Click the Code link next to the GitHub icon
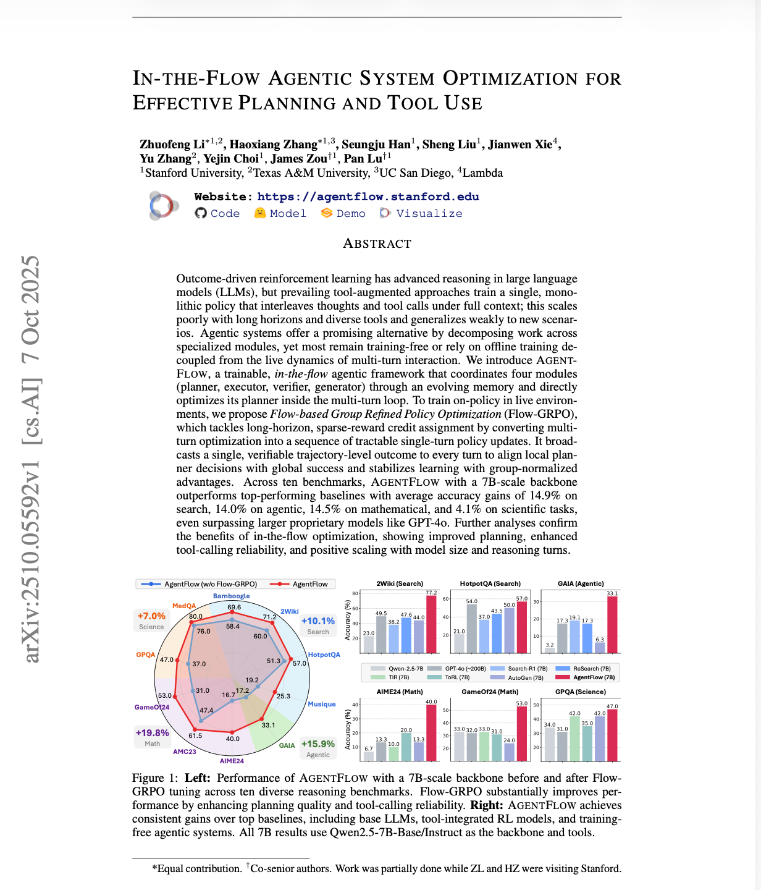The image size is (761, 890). click(225, 213)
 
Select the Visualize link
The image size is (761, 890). click(429, 213)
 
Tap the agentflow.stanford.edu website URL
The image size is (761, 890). click(368, 197)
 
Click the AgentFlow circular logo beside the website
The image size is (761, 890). click(163, 205)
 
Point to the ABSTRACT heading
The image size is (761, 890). click(377, 244)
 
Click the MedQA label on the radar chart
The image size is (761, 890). click(184, 606)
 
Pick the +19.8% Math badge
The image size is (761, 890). click(152, 737)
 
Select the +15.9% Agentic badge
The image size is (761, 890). click(318, 748)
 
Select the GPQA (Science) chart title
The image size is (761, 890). click(580, 692)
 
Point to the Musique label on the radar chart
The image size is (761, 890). click(321, 704)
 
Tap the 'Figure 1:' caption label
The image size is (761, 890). click(155, 778)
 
